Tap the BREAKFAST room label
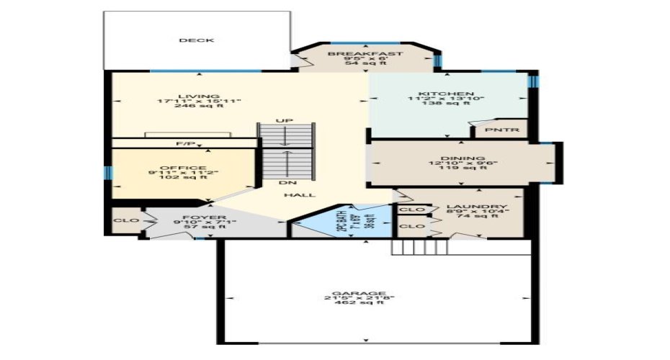365,54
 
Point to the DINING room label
462,158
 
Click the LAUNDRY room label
477,207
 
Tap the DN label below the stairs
292,183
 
